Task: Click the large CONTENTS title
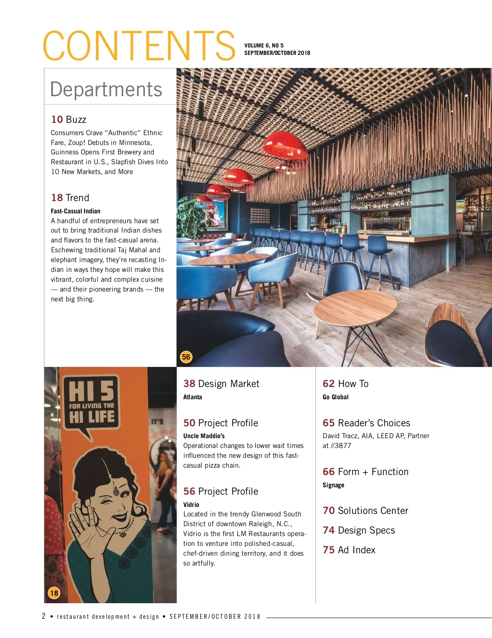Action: (x=139, y=45)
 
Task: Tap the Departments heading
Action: (x=106, y=89)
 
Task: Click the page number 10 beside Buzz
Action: (x=57, y=120)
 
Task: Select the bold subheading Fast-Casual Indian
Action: (x=75, y=211)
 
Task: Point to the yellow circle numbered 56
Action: (x=186, y=357)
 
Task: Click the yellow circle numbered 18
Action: (x=54, y=593)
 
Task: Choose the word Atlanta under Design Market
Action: (x=193, y=397)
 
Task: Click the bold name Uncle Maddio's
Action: (x=204, y=436)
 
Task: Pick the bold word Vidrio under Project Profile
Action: (x=191, y=505)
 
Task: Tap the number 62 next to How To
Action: (x=328, y=384)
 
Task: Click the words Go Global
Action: (x=335, y=397)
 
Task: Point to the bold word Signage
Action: (x=333, y=485)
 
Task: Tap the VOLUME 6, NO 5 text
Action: (x=264, y=45)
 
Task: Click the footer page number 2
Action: (x=44, y=616)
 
